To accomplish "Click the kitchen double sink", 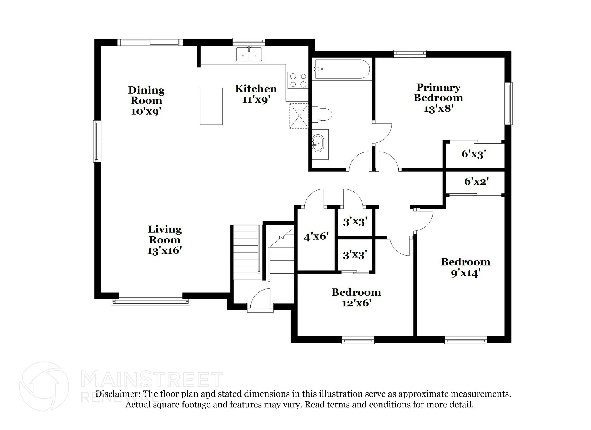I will tap(249, 54).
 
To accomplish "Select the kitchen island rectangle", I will tap(211, 106).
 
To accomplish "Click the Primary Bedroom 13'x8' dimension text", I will tap(438, 109).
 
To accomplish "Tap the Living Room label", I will tap(165, 234).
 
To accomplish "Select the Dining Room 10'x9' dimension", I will tap(146, 111).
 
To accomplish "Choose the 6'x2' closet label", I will tap(476, 182).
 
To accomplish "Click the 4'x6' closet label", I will tap(316, 237).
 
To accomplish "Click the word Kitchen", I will tap(256, 89).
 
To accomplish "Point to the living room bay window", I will tap(151, 302).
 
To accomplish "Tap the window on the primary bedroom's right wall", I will tap(510, 103).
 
